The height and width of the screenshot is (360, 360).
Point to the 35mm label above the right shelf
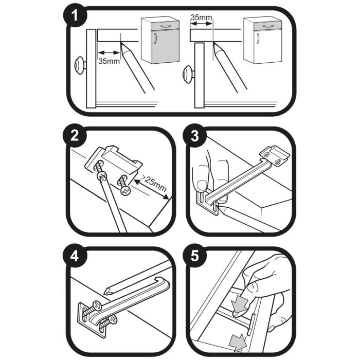[x=201, y=17]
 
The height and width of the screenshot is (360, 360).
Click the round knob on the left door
[x=81, y=64]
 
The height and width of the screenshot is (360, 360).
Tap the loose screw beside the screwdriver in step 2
[x=125, y=184]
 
